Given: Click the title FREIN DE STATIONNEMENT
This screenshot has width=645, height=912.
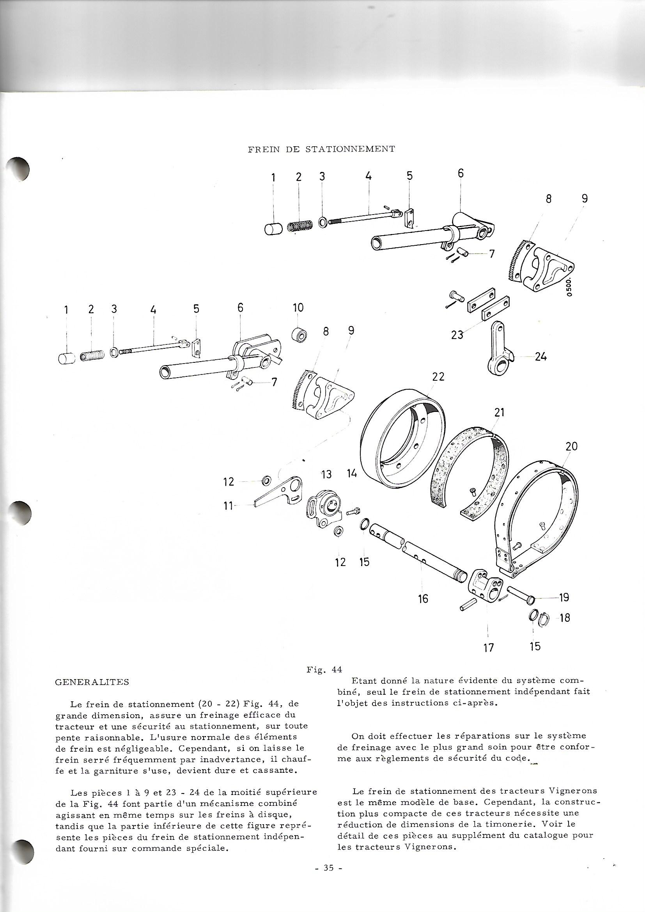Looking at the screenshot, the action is (x=321, y=149).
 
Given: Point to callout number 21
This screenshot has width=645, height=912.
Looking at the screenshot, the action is (x=499, y=413).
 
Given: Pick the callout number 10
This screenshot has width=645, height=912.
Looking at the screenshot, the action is (x=298, y=307).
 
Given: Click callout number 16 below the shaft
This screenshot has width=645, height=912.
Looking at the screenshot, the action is (x=423, y=609).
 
